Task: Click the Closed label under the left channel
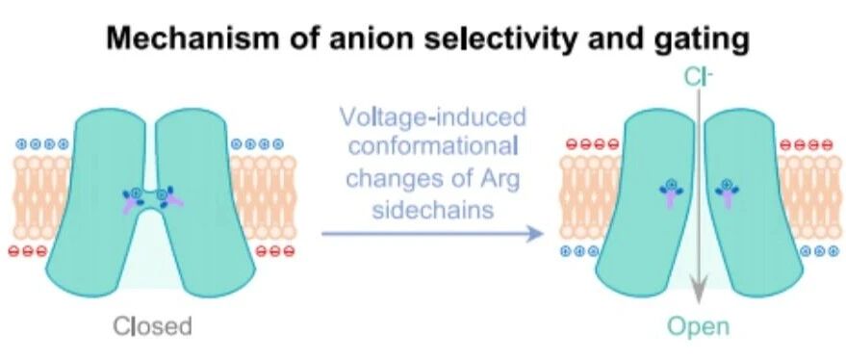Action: click(x=152, y=326)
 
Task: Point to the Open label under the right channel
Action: click(x=698, y=327)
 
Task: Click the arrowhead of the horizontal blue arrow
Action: click(x=535, y=234)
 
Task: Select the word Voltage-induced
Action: click(x=432, y=118)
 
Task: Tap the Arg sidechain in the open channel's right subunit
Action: click(x=727, y=193)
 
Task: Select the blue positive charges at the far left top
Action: click(x=42, y=144)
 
